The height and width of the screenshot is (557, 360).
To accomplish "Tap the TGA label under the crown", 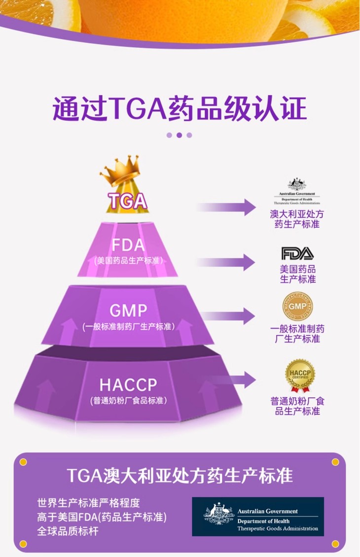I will point(128,201).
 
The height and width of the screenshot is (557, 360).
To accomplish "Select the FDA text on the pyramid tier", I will point(128,245).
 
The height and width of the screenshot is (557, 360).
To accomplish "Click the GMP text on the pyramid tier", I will point(128,311).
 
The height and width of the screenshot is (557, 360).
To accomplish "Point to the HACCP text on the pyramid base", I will point(128,384).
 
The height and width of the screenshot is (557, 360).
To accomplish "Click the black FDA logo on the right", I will point(297,254).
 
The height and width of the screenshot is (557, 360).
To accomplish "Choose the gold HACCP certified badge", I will point(300,374).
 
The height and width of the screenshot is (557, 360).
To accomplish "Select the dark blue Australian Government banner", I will point(258,516).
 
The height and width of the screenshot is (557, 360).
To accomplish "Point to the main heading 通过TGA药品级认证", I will point(180,108).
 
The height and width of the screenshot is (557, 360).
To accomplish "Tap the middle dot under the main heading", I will point(179,135).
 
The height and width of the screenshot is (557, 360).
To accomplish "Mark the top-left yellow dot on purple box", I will point(23,462).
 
